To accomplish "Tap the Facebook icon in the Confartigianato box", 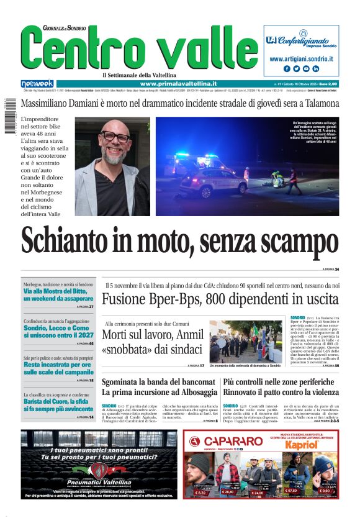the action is coord(287,69).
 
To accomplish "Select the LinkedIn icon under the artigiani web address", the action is coord(315,69).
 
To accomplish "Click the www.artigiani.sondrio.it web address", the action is coord(301,58).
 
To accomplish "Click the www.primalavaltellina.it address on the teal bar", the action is coord(178,84).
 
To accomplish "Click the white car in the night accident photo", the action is coord(204,183).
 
